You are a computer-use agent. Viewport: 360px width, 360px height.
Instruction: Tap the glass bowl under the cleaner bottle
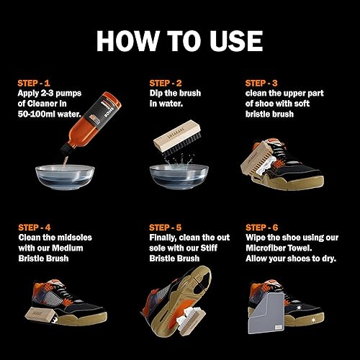point(65,174)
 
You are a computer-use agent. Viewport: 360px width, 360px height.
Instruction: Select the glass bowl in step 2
point(179,175)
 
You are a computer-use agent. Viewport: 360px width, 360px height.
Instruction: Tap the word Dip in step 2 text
point(157,94)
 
